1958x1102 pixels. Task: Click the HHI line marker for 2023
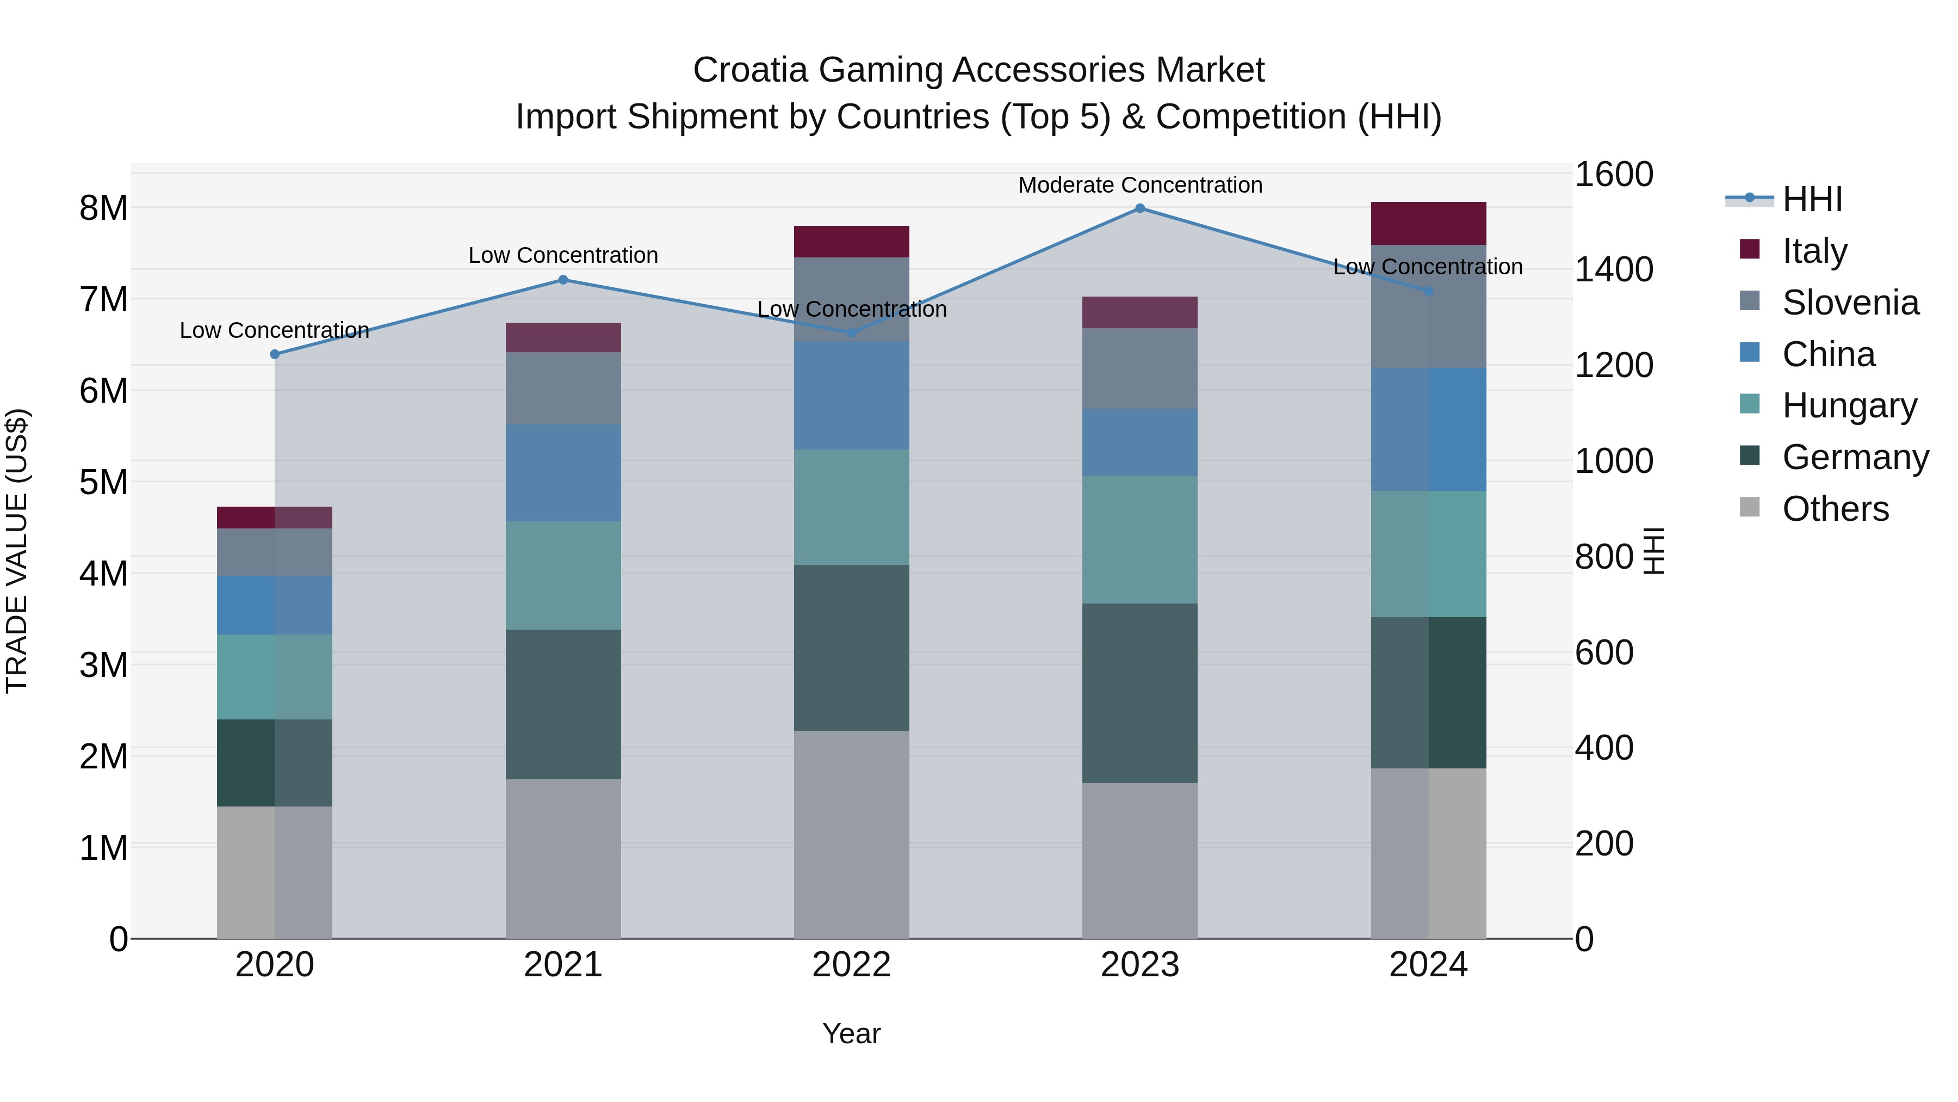tap(1139, 208)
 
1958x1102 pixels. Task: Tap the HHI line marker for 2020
tap(275, 354)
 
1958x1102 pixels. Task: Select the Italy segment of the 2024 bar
tap(1428, 224)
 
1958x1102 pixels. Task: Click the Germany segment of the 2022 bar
tap(851, 648)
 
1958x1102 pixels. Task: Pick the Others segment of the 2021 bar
tap(563, 859)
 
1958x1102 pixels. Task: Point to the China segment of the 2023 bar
tap(1139, 442)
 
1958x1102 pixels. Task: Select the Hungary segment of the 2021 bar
tap(563, 576)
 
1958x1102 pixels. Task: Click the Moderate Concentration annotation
tap(1139, 185)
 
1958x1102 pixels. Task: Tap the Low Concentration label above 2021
tap(563, 256)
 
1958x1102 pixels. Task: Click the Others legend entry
tap(1835, 509)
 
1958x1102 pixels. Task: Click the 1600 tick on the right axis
tap(1613, 174)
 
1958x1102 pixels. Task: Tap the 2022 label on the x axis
tap(851, 965)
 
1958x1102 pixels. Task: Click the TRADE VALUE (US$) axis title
tap(17, 551)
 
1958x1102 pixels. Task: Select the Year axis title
tap(851, 1033)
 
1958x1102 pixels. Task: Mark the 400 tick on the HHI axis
tap(1604, 748)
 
